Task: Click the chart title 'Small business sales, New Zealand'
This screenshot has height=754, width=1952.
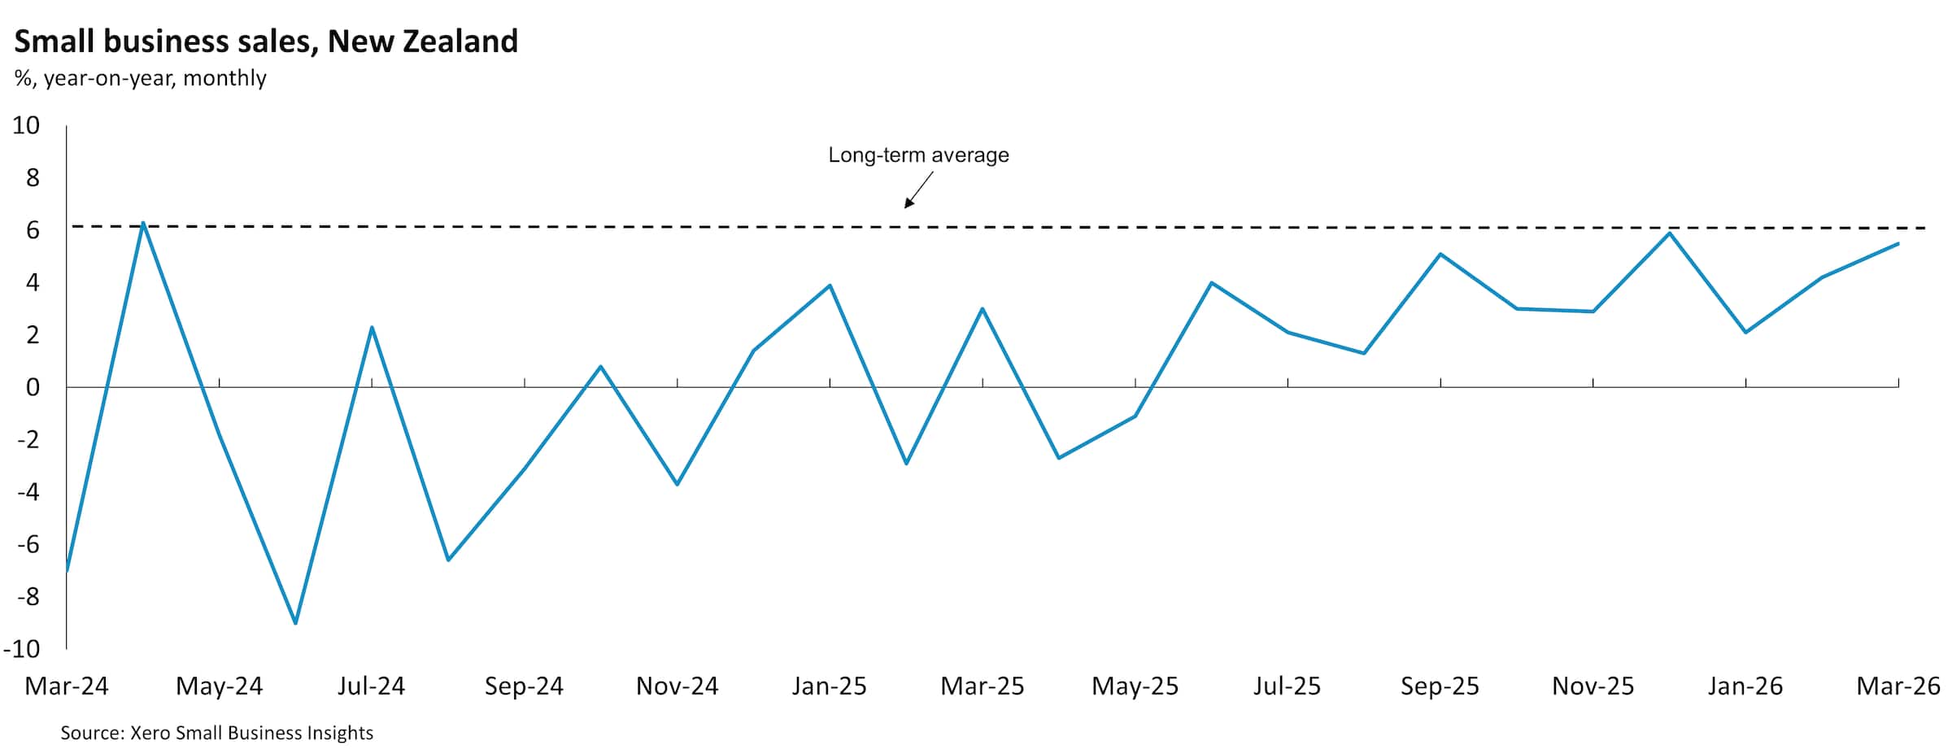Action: coord(266,41)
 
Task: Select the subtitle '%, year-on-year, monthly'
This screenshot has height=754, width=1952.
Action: coord(140,78)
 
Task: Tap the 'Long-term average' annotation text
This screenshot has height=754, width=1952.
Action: coord(918,155)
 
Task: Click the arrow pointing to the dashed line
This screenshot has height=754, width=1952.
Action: coord(918,190)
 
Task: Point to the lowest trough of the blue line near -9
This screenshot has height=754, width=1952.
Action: coord(295,623)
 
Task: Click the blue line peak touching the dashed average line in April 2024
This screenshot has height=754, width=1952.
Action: coord(143,223)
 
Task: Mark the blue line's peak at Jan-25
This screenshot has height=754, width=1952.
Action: coord(830,285)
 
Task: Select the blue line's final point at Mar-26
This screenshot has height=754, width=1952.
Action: coord(1898,244)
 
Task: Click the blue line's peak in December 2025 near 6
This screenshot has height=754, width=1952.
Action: coord(1669,233)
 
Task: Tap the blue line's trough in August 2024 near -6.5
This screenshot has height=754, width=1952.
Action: coord(448,560)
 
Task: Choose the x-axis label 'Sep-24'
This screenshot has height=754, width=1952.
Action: coord(524,686)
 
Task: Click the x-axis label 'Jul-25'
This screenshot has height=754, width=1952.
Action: coord(1287,686)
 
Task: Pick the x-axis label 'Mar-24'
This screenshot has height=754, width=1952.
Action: coord(67,686)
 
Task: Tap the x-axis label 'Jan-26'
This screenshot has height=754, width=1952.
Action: coord(1745,686)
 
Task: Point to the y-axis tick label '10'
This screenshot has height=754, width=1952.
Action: coord(26,125)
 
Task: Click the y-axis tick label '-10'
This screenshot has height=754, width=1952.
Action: coord(22,648)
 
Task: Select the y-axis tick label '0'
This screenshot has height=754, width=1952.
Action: coord(33,387)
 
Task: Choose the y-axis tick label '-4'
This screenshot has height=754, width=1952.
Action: coord(28,492)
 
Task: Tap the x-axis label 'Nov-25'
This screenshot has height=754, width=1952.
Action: coord(1593,686)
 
